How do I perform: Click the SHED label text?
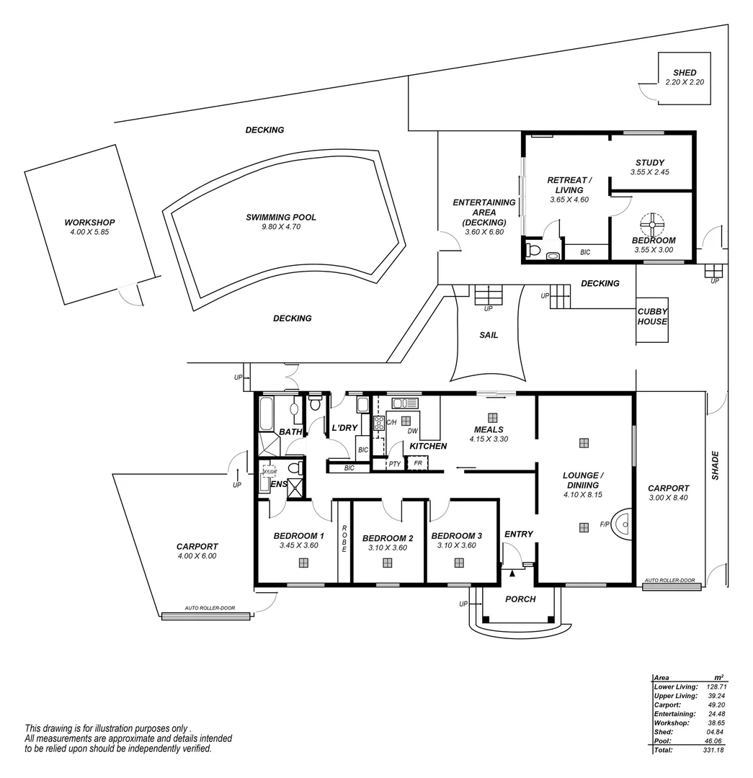tap(684, 73)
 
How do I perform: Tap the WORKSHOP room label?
tap(89, 223)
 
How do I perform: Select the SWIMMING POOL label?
tap(281, 218)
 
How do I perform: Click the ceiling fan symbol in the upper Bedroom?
tap(651, 224)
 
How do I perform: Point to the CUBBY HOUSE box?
tap(652, 316)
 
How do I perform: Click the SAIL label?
tap(489, 335)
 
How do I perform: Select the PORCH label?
tap(520, 599)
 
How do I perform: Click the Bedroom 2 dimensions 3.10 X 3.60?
tap(388, 547)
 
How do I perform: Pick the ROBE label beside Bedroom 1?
tap(344, 539)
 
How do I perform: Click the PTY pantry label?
tap(394, 464)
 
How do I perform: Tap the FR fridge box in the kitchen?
tap(418, 462)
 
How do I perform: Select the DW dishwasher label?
tap(413, 432)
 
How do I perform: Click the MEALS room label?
tap(489, 429)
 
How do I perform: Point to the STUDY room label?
tap(650, 163)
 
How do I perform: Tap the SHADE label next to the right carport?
tap(715, 465)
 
